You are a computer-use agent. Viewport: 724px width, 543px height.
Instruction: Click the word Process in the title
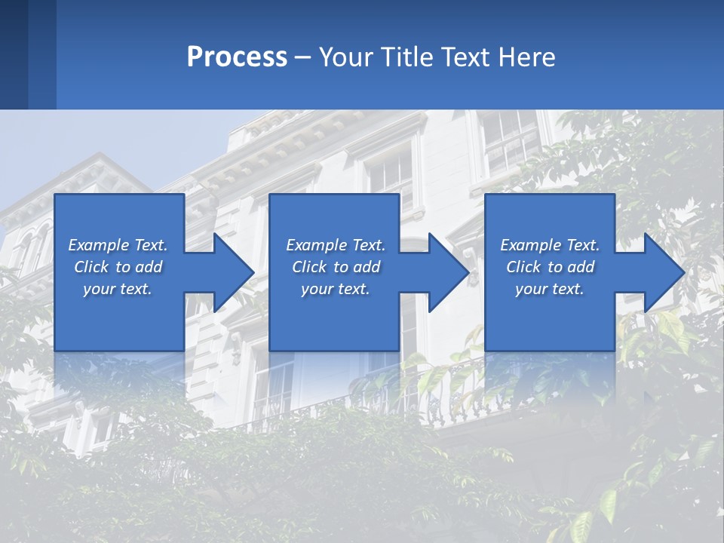coord(237,57)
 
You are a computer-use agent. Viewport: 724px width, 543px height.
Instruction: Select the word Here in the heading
coord(526,57)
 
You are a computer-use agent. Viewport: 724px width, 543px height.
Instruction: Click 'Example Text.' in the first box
coord(118,245)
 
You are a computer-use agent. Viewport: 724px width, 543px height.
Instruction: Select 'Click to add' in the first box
coord(118,267)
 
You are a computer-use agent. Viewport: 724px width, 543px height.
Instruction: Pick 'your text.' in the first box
coord(118,289)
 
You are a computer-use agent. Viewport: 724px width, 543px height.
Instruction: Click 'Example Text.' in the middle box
coord(336,245)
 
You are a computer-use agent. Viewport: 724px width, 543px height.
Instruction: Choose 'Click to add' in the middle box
coord(336,267)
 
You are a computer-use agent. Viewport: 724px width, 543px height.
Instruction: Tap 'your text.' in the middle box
coord(336,289)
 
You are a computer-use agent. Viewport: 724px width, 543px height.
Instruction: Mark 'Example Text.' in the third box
coord(550,245)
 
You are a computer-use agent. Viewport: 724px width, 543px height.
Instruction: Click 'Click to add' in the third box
coord(550,267)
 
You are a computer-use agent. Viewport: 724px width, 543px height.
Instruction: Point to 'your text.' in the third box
coord(550,289)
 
